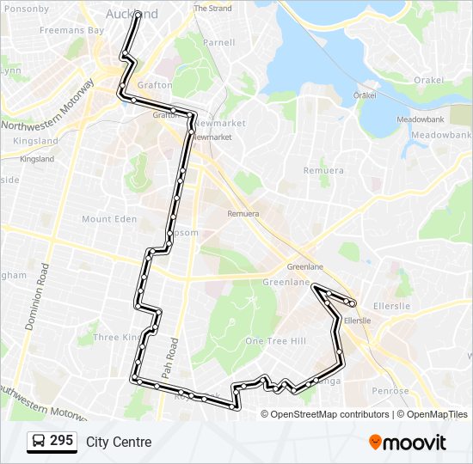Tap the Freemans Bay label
71,30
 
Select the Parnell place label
218,42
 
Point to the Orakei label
428,80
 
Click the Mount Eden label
109,219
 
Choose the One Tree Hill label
276,341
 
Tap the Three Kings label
118,338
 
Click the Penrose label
390,391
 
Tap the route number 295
61,441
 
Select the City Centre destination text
119,442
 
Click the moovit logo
408,443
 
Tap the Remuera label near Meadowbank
323,170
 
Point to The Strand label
212,9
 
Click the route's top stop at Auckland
137,15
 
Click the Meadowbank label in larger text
441,136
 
